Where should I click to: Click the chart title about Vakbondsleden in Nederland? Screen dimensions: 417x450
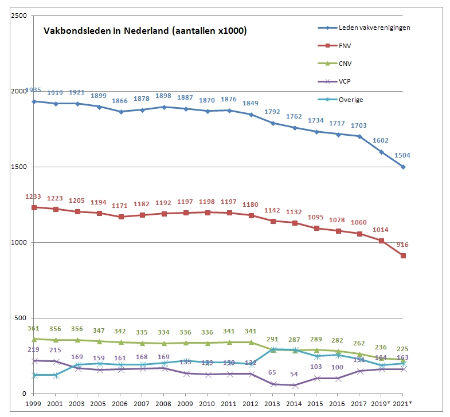pyautogui.click(x=146, y=31)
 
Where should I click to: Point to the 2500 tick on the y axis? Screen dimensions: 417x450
pyautogui.click(x=19, y=15)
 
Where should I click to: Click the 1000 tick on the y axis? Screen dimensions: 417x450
pyautogui.click(x=19, y=242)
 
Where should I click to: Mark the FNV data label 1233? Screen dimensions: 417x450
pyautogui.click(x=33, y=197)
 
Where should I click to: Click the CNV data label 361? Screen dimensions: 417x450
pyautogui.click(x=33, y=328)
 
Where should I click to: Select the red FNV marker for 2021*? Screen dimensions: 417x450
pyautogui.click(x=404, y=255)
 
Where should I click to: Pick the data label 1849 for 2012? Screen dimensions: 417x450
pyautogui.click(x=251, y=103)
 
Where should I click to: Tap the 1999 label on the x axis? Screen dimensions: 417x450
pyautogui.click(x=33, y=403)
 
